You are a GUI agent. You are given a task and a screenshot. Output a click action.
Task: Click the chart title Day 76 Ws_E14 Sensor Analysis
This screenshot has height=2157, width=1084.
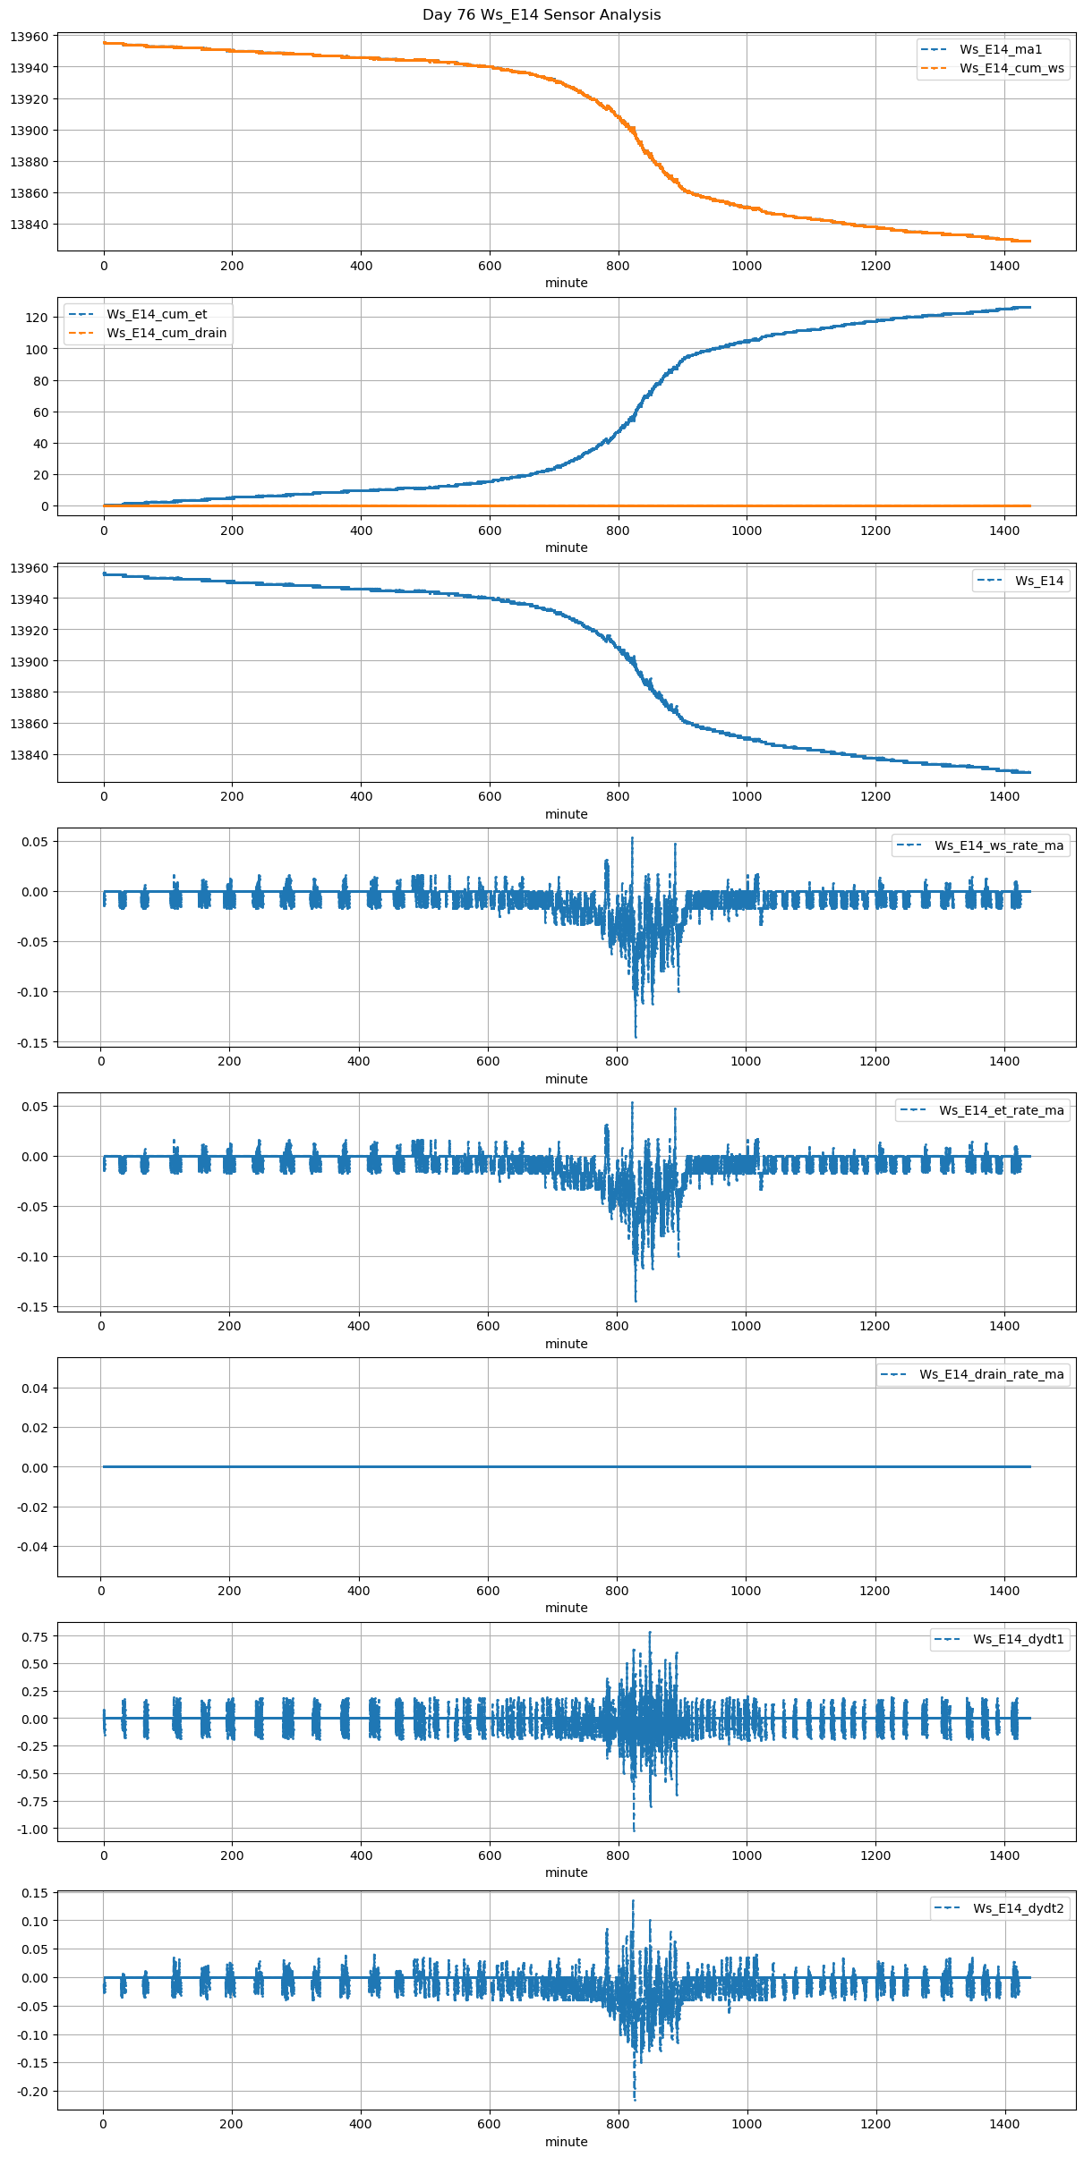click(542, 15)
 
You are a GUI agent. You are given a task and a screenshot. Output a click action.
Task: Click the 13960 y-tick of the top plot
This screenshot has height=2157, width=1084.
click(30, 37)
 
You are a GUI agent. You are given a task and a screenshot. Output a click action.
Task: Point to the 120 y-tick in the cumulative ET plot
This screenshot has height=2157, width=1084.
click(38, 318)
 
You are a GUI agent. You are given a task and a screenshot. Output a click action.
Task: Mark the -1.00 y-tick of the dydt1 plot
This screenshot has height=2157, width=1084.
click(30, 1829)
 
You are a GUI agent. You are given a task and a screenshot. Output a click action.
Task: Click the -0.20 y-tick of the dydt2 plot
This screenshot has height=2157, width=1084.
click(30, 2091)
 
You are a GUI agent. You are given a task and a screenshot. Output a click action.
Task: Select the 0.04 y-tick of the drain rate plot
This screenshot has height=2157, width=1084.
click(33, 1388)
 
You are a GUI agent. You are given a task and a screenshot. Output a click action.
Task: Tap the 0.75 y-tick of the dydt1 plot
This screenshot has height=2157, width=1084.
click(33, 1636)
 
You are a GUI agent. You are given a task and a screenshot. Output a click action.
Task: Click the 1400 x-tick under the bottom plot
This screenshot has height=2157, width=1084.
click(1004, 2123)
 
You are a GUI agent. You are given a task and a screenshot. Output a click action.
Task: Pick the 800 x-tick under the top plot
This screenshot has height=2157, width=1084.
click(618, 266)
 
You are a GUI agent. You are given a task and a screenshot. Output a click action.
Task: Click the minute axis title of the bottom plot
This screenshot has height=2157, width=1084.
click(566, 2141)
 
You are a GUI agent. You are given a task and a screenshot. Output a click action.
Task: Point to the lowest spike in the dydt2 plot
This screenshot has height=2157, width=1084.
click(635, 2099)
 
